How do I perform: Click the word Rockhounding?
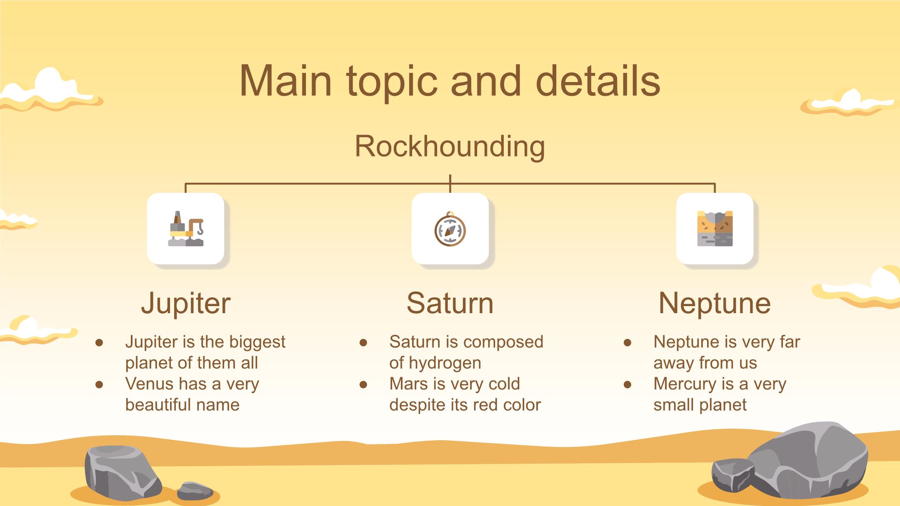pos(450,147)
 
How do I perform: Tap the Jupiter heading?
pos(186,303)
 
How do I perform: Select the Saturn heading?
pos(450,303)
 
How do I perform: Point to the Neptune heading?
pos(715,303)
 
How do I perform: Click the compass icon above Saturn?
pos(450,229)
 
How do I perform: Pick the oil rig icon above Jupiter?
pos(186,229)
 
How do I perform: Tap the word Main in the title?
pos(285,80)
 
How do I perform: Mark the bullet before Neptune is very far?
pos(627,342)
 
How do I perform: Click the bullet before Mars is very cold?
pos(363,384)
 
